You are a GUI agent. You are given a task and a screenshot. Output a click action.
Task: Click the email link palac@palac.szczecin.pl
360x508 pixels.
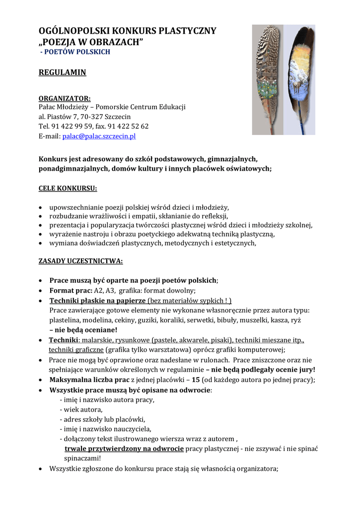(x=99, y=136)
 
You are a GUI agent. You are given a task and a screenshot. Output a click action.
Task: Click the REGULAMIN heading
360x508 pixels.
(x=62, y=73)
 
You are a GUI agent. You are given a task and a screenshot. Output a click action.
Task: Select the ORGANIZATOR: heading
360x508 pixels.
(x=65, y=98)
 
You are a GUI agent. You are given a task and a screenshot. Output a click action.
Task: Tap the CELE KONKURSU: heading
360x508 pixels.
(x=68, y=189)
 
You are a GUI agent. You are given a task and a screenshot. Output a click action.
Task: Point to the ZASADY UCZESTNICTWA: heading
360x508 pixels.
(x=80, y=261)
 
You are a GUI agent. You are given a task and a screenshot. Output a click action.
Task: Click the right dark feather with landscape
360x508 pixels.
(x=300, y=79)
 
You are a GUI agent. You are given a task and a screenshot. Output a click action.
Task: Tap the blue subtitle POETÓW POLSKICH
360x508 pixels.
(x=76, y=52)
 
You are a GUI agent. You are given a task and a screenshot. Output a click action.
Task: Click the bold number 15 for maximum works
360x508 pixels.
(x=196, y=380)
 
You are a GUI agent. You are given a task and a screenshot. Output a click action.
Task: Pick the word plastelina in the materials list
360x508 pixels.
(x=65, y=320)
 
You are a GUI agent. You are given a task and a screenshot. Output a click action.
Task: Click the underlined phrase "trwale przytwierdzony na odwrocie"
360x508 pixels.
(x=124, y=449)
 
